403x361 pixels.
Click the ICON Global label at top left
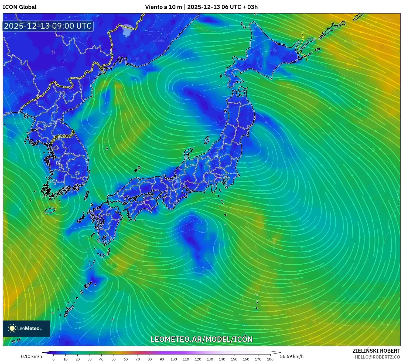(x=19, y=7)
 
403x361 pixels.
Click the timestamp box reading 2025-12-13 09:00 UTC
(x=48, y=26)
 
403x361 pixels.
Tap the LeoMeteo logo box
(x=26, y=328)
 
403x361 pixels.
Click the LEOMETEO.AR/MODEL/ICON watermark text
(x=201, y=339)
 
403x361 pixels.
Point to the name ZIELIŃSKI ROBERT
(x=376, y=351)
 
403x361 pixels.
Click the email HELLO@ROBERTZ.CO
(x=377, y=357)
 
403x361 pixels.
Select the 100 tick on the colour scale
(x=174, y=359)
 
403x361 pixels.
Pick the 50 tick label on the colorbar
(x=114, y=359)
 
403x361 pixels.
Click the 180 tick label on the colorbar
(x=270, y=359)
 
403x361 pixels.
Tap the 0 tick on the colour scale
(x=53, y=359)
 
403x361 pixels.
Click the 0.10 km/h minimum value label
(x=31, y=356)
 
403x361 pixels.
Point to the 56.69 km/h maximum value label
(x=292, y=356)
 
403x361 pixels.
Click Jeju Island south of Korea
(x=50, y=210)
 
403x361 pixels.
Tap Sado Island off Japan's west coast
(x=207, y=140)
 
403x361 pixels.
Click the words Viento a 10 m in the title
(x=163, y=7)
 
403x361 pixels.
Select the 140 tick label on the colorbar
(x=222, y=359)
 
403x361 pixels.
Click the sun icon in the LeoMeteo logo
(x=12, y=328)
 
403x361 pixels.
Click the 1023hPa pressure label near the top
(x=158, y=41)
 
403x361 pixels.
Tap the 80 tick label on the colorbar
(x=150, y=359)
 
